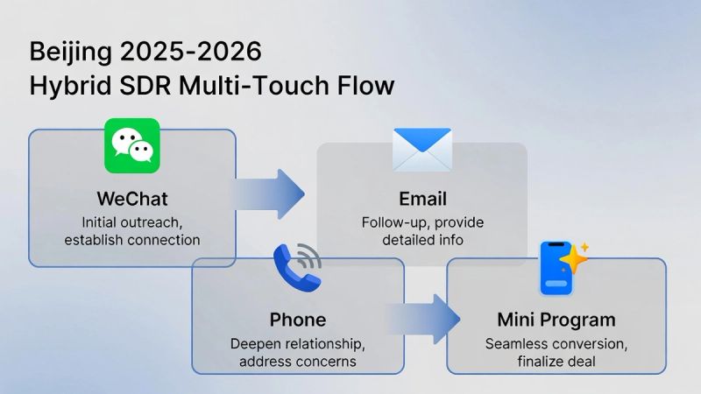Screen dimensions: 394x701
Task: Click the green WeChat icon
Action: point(132,145)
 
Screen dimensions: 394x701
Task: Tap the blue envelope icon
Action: point(421,149)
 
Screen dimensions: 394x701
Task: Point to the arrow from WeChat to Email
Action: point(269,193)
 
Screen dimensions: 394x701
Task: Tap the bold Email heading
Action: point(421,198)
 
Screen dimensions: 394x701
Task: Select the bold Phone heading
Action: point(298,319)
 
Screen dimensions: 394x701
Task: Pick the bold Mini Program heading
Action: point(556,319)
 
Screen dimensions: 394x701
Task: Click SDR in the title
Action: point(138,87)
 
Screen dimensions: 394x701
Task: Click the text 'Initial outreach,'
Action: point(132,222)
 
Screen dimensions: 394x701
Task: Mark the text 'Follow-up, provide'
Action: point(422,222)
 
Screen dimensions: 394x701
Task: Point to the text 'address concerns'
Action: point(299,361)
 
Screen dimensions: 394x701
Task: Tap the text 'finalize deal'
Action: point(556,361)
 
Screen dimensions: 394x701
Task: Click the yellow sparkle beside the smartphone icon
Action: point(575,259)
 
